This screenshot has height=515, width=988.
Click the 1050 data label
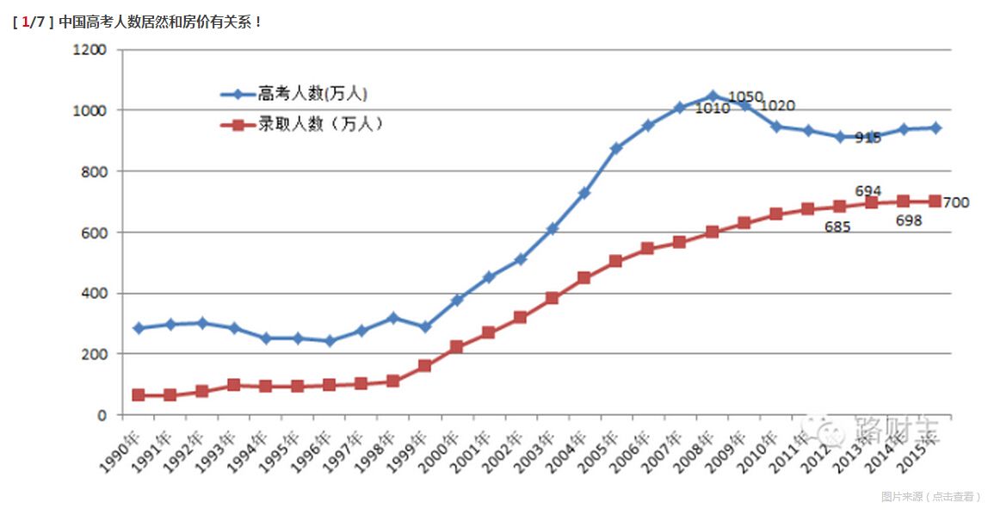(745, 96)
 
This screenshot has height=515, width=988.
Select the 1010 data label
(712, 109)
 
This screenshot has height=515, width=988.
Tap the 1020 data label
(777, 106)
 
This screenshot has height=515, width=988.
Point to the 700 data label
(956, 203)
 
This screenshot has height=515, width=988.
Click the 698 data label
(908, 220)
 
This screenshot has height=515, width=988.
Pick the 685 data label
(837, 228)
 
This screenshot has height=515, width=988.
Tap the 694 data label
(868, 191)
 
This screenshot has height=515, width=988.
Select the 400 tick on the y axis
(95, 294)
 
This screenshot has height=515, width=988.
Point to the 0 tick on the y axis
(102, 415)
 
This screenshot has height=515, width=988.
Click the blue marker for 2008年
(713, 96)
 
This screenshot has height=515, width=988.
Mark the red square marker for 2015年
(935, 202)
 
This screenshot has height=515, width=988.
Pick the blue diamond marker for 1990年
(139, 328)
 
